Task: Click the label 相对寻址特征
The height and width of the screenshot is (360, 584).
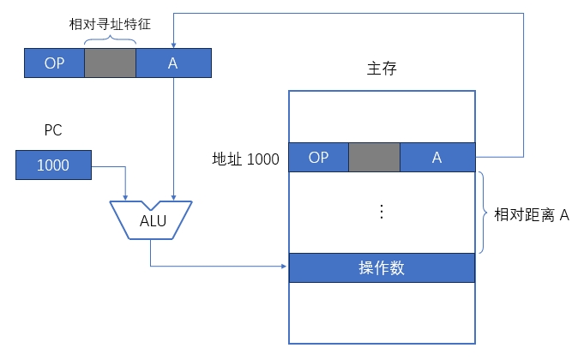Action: tap(110, 23)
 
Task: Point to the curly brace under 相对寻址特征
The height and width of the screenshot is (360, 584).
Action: tap(110, 39)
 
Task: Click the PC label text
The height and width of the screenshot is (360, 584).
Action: tap(53, 131)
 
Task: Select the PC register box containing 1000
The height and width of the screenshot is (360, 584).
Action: tap(53, 165)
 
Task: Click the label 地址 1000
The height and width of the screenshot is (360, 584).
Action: tap(246, 159)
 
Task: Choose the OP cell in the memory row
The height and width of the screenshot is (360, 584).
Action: tap(319, 158)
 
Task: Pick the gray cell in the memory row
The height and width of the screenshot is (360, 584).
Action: tap(375, 158)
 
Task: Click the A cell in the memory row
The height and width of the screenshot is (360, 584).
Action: tap(437, 158)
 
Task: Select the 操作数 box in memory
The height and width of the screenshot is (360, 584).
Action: tap(381, 267)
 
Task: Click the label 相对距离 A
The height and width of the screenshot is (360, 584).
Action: tap(533, 214)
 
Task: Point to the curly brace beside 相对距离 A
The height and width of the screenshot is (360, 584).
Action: tap(483, 213)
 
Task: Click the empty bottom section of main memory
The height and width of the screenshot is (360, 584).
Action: tap(381, 312)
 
